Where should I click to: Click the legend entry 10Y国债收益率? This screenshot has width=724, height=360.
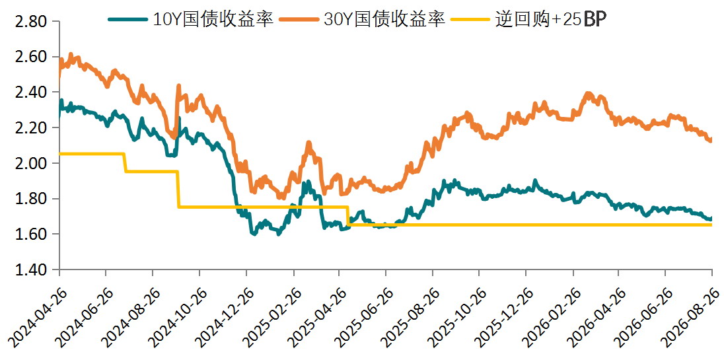click(x=192, y=19)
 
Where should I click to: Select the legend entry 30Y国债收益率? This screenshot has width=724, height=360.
click(x=362, y=19)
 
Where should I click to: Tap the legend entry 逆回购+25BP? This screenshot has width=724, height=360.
click(x=526, y=19)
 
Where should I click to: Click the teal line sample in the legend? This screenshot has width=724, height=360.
click(x=127, y=19)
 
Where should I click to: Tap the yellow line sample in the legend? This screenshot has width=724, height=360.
click(x=468, y=19)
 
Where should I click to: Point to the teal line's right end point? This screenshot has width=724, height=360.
click(x=711, y=218)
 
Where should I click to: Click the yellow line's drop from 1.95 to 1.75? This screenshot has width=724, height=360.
click(x=178, y=189)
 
